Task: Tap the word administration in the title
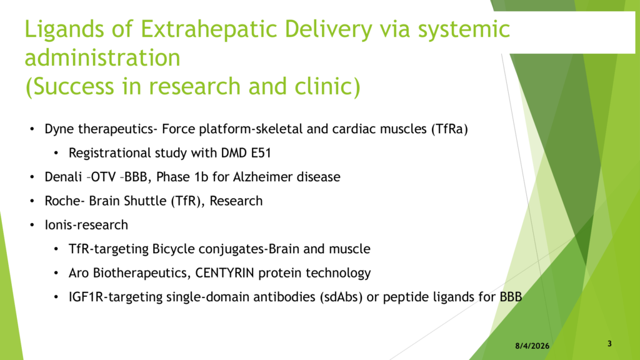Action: pos(102,57)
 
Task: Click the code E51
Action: pos(261,153)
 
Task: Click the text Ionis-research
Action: pos(86,225)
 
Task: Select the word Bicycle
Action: pos(174,249)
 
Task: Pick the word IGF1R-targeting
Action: pos(116,297)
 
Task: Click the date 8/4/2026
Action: pos(532,346)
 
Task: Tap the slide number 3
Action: pos(609,344)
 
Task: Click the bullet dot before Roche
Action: pos(32,201)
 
